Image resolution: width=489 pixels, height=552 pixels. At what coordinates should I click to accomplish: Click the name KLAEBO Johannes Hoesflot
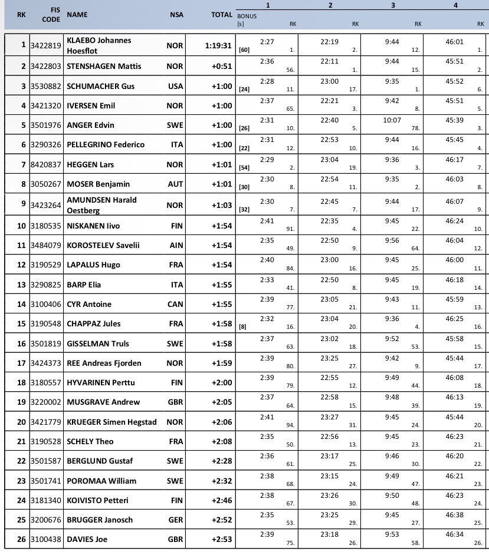tap(99, 45)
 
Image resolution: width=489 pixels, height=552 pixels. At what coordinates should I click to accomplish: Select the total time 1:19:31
tap(218, 46)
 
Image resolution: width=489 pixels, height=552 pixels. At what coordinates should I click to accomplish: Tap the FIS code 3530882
tap(46, 86)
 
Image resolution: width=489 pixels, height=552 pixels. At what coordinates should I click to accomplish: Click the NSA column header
tap(176, 15)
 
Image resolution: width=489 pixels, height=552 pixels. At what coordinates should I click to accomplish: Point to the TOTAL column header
tap(222, 15)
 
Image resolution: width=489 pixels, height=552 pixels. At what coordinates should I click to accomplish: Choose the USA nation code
tap(175, 86)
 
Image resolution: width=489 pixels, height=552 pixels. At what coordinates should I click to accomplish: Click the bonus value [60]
tap(243, 51)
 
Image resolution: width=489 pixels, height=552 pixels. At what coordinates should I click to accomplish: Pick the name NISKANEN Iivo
tap(94, 226)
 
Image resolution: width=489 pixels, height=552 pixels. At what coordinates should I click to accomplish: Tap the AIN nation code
tap(175, 245)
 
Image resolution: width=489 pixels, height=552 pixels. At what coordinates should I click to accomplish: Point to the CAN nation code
tap(175, 304)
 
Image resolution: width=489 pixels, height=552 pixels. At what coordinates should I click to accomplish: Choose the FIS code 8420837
tap(46, 164)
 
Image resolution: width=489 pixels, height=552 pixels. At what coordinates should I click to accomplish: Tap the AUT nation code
tap(175, 184)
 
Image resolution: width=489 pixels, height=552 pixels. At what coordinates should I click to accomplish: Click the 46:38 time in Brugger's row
tap(454, 515)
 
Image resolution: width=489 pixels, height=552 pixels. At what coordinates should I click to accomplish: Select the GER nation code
tap(175, 520)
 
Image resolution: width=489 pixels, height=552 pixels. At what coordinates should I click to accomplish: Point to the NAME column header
tap(77, 15)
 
